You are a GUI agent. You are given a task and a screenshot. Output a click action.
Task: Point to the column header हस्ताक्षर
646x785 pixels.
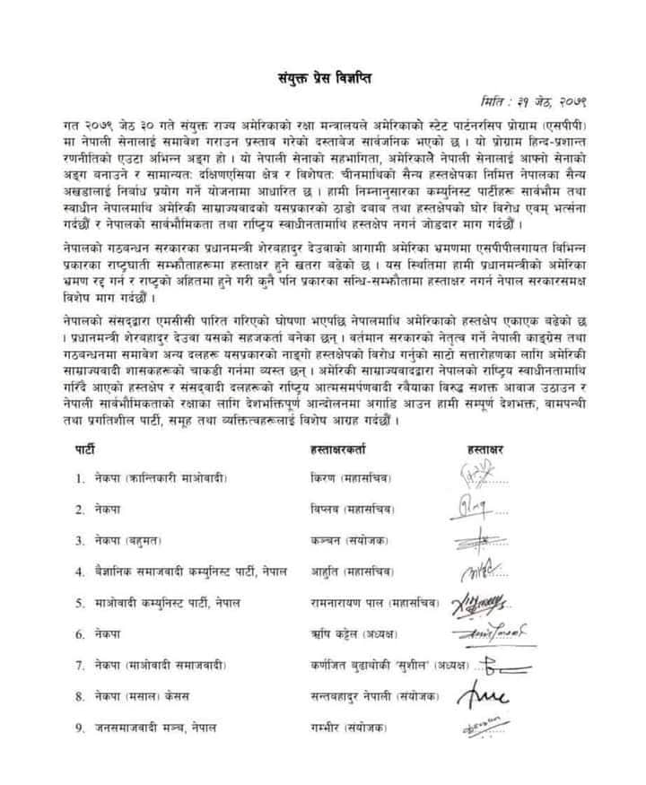click(x=488, y=447)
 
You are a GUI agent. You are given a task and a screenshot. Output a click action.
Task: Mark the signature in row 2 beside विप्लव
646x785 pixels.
click(x=480, y=510)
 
